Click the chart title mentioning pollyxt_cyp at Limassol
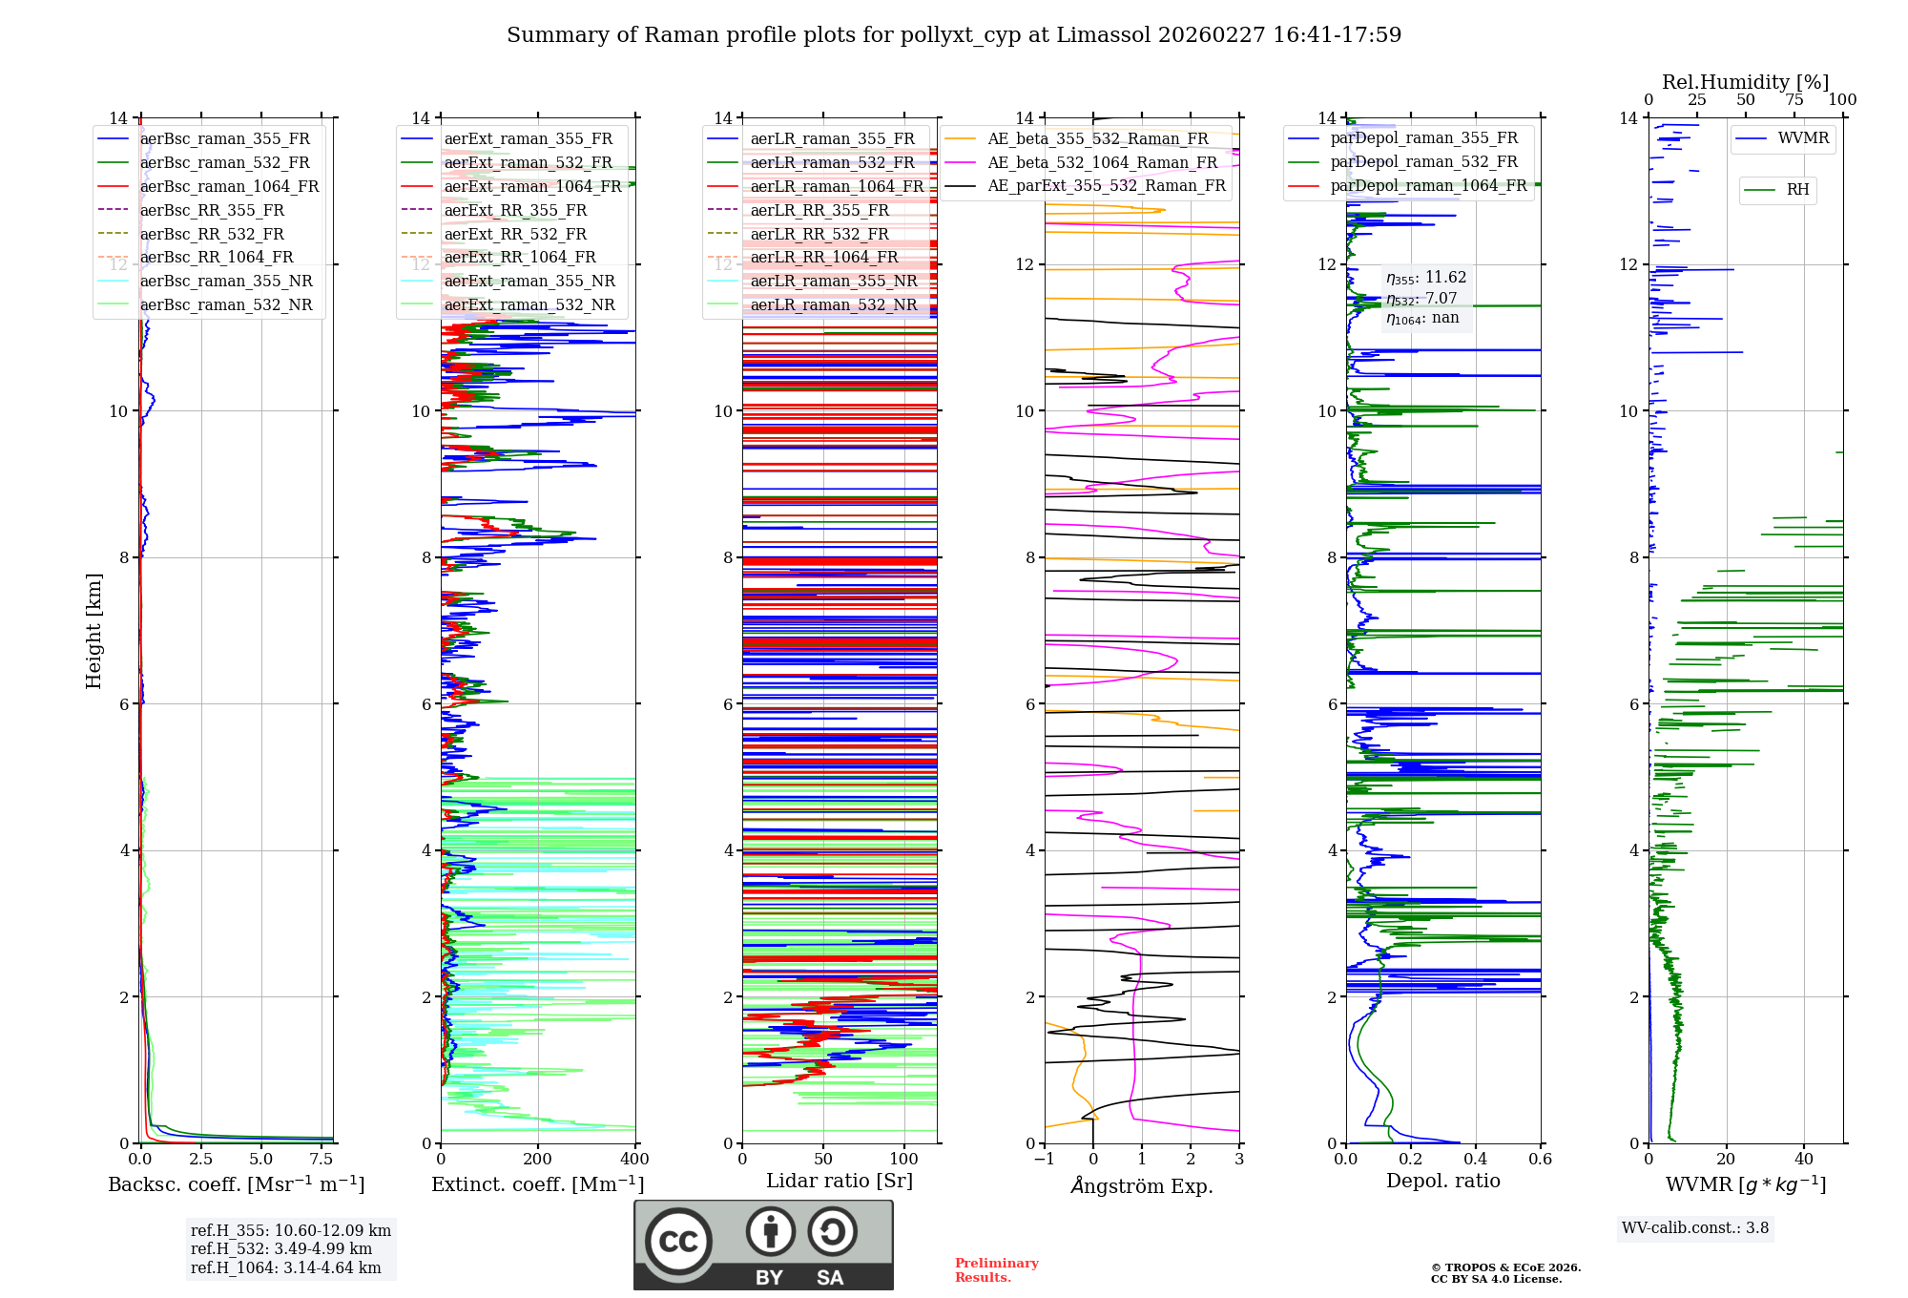[954, 35]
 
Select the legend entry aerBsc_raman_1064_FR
[229, 186]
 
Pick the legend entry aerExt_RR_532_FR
[515, 234]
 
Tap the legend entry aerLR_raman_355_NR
[833, 281]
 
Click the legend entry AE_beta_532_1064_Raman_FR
[1102, 162]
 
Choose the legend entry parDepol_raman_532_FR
[1423, 162]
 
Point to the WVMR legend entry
[1803, 138]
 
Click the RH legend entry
[1797, 190]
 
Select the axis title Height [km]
[93, 630]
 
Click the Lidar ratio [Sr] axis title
[840, 1181]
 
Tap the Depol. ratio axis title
[1442, 1181]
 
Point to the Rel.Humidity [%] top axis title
[1745, 82]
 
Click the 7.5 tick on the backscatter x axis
[321, 1160]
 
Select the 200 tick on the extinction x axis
[537, 1160]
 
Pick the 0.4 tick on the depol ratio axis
[1475, 1160]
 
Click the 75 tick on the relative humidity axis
[1794, 100]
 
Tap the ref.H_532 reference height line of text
[281, 1248]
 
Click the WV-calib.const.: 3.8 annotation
[1695, 1228]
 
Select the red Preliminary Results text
[996, 1269]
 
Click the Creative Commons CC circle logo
[678, 1242]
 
